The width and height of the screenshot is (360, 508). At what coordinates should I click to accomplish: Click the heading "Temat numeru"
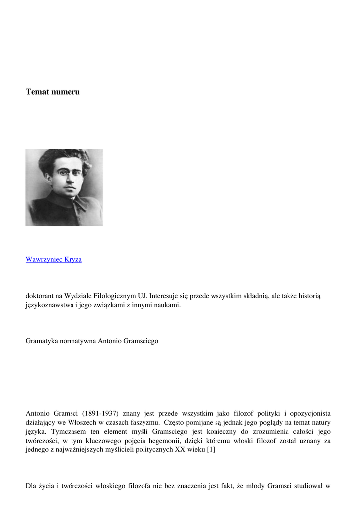coord(53,92)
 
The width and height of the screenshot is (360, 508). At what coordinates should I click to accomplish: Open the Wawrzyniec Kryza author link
coord(54,259)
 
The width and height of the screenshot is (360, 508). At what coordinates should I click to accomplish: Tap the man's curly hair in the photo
coord(65,158)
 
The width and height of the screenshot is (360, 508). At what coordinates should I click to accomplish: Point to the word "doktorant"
coord(40,296)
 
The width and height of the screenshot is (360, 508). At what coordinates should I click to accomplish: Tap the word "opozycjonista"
coord(308,413)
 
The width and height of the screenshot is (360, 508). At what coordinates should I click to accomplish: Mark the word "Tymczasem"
coord(68,432)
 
